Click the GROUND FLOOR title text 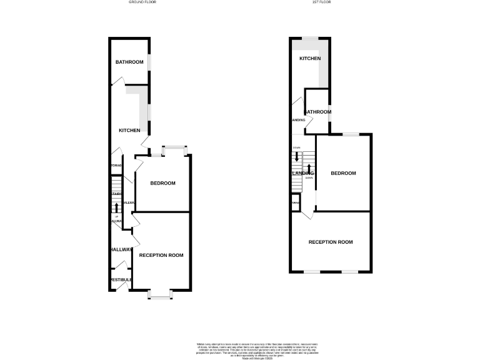click(142, 2)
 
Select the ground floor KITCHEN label click(129, 130)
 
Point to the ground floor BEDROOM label click(162, 183)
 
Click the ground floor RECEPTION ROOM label click(161, 255)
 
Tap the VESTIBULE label click(121, 279)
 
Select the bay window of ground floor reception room click(160, 294)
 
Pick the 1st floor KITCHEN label click(310, 58)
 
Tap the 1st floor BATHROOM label click(317, 112)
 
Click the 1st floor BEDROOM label click(343, 173)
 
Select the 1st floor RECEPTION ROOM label click(331, 242)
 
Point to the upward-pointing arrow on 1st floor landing click(309, 168)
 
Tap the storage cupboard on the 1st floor click(296, 204)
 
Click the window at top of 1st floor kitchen click(310, 39)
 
